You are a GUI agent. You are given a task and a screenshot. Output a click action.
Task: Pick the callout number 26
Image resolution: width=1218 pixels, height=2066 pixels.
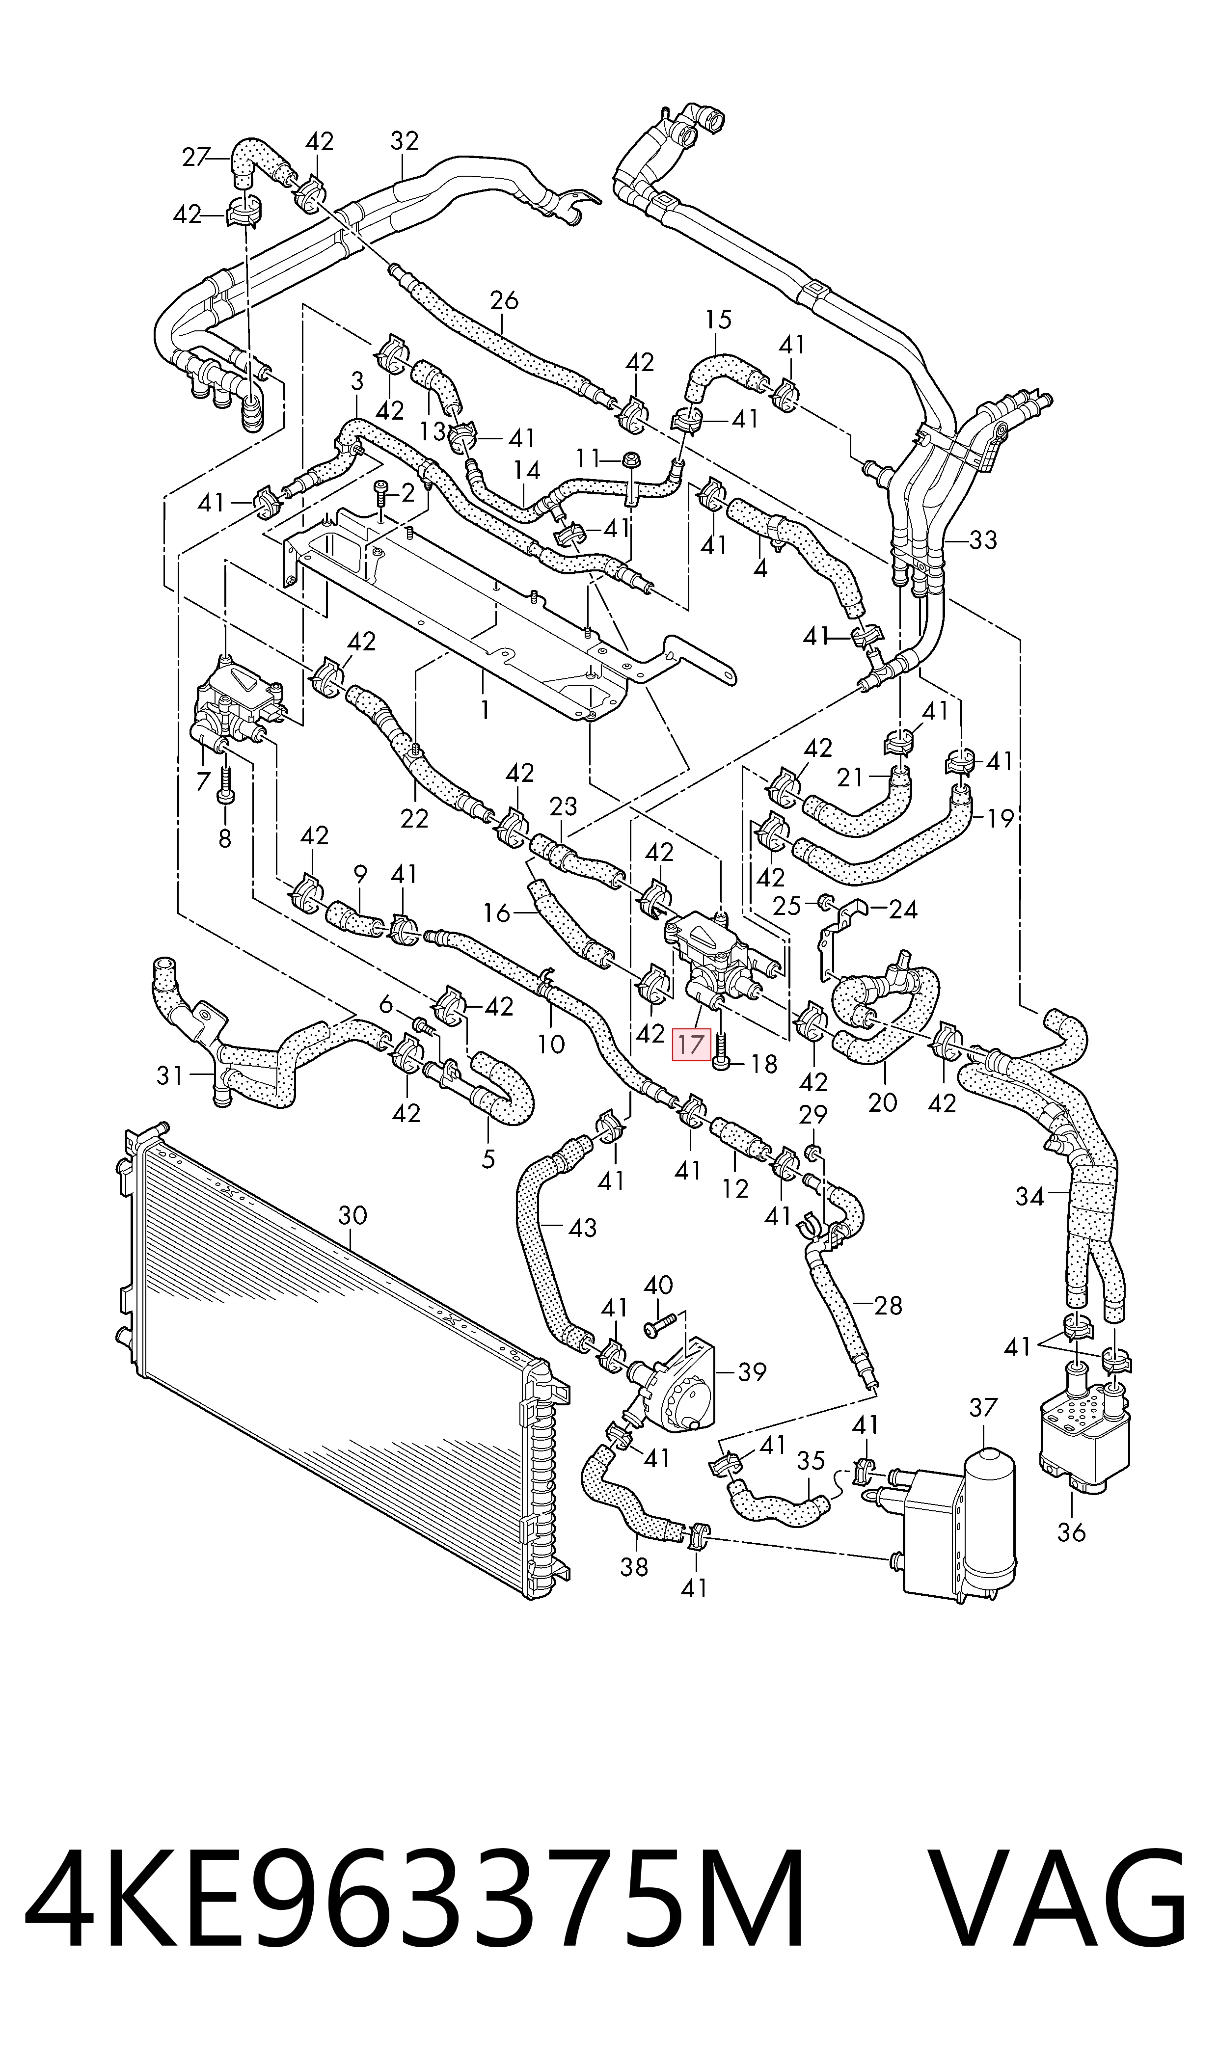pyautogui.click(x=504, y=301)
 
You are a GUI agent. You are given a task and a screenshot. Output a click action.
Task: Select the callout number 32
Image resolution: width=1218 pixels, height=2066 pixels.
pyautogui.click(x=404, y=141)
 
